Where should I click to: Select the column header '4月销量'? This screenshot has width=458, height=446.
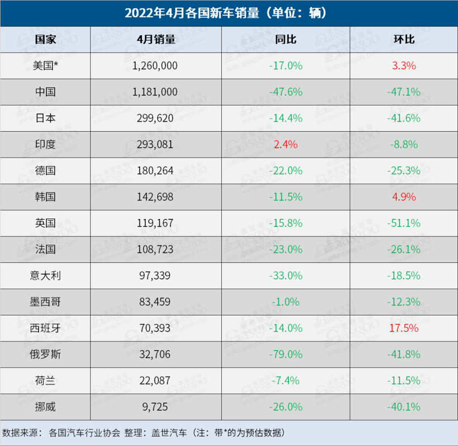click(155, 39)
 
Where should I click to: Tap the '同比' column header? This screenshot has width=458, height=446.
click(285, 39)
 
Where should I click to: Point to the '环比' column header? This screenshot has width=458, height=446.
click(404, 39)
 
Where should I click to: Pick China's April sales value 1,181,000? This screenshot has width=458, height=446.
click(155, 92)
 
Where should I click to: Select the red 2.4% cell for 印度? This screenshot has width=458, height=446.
click(285, 144)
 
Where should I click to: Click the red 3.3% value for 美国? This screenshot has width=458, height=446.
click(404, 65)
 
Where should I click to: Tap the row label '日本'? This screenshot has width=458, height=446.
click(45, 118)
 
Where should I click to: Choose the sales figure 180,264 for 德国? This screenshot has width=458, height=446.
click(155, 170)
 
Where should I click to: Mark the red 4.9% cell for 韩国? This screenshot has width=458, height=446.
click(404, 196)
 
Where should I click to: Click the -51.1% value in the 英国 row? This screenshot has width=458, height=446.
click(404, 223)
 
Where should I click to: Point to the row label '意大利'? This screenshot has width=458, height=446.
click(45, 275)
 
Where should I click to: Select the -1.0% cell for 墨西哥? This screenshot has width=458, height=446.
click(285, 301)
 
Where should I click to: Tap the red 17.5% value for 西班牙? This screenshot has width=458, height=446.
click(404, 328)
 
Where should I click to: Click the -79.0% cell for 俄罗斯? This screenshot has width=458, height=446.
click(285, 354)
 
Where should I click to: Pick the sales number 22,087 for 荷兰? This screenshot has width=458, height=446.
click(155, 380)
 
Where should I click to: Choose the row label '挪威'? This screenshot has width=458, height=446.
click(45, 406)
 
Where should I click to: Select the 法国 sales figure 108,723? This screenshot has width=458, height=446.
click(155, 249)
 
